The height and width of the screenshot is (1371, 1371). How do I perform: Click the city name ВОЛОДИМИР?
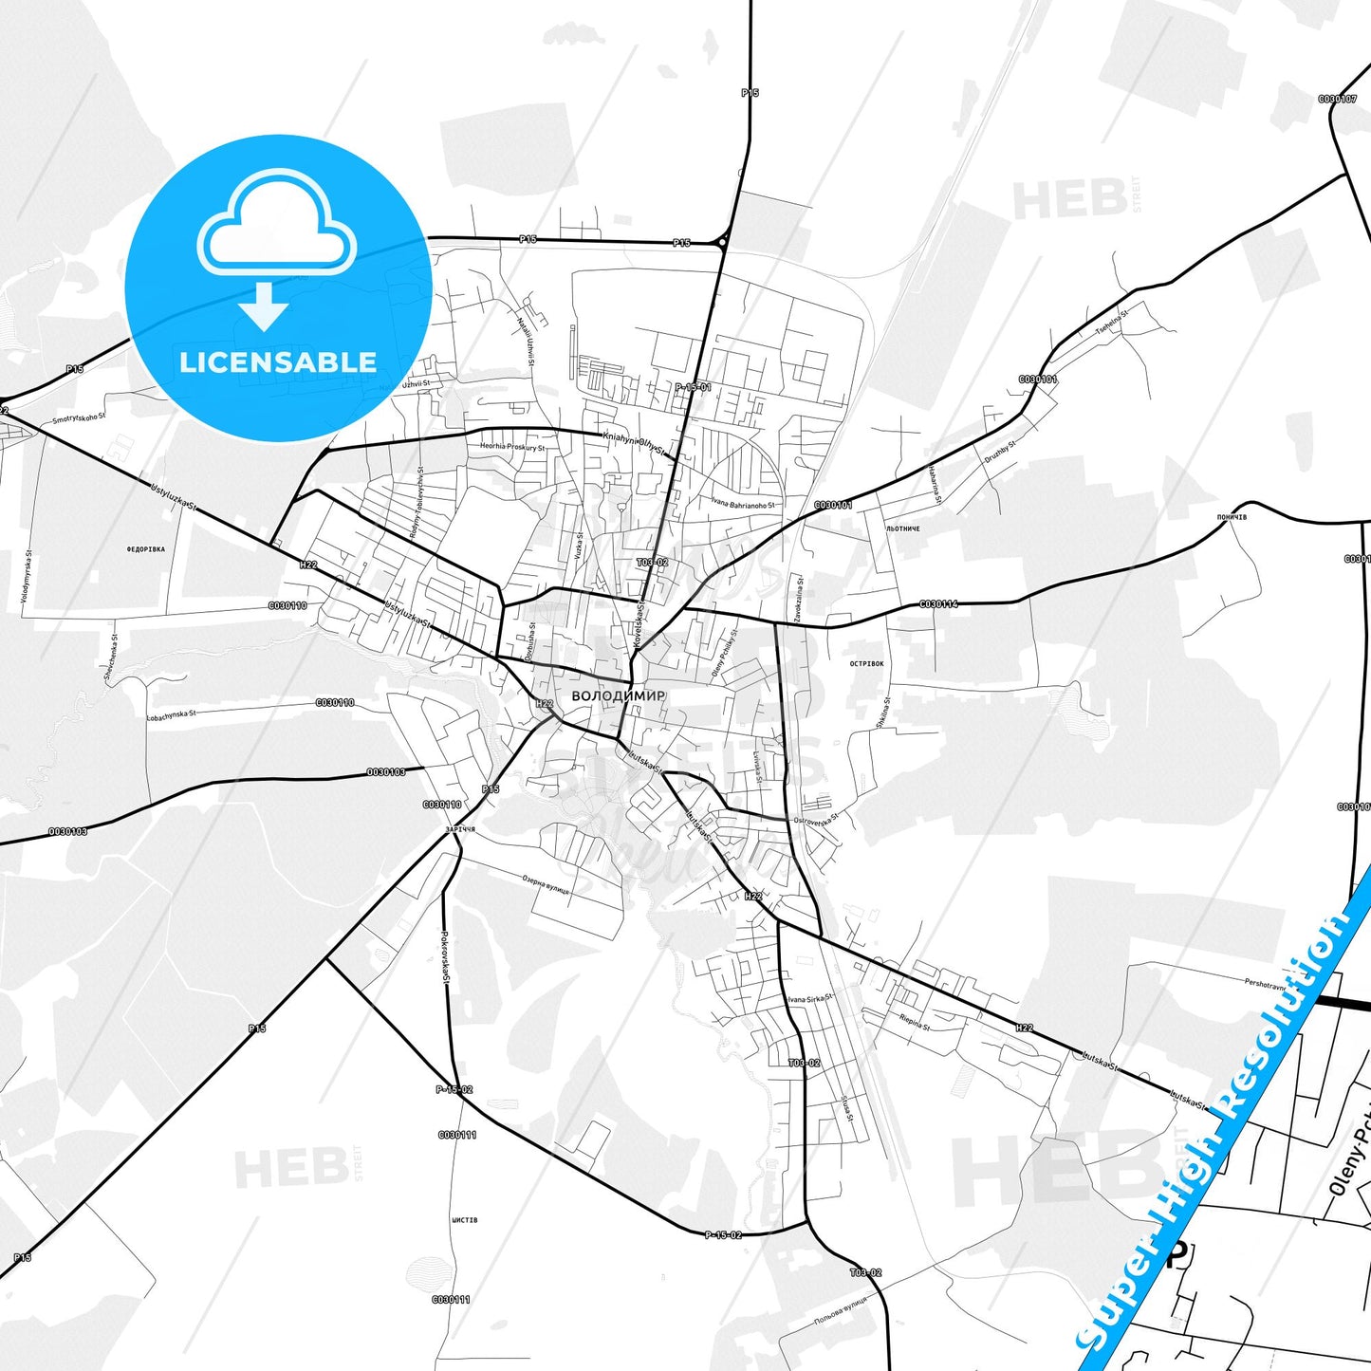pyautogui.click(x=618, y=695)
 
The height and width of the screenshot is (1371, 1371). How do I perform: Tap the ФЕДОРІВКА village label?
pyautogui.click(x=145, y=549)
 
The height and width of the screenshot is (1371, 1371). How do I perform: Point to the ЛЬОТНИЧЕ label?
pyautogui.click(x=902, y=528)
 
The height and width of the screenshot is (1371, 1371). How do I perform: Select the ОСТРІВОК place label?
pyautogui.click(x=867, y=664)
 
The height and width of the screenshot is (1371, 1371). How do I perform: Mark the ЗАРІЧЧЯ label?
pyautogui.click(x=459, y=829)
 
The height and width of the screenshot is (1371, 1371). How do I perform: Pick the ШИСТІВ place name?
pyautogui.click(x=465, y=1220)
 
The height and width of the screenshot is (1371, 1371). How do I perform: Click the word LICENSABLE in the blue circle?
pyautogui.click(x=278, y=361)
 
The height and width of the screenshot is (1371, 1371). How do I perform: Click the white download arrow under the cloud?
pyautogui.click(x=264, y=306)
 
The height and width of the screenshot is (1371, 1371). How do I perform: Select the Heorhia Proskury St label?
pyautogui.click(x=512, y=447)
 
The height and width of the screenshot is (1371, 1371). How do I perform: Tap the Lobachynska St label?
pyautogui.click(x=172, y=714)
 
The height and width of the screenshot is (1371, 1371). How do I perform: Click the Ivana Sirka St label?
pyautogui.click(x=809, y=998)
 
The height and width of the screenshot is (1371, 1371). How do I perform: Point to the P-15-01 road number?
pyautogui.click(x=693, y=387)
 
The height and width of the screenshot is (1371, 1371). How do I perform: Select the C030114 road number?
pyautogui.click(x=937, y=604)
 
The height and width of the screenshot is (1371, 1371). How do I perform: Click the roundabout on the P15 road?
pyautogui.click(x=723, y=243)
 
